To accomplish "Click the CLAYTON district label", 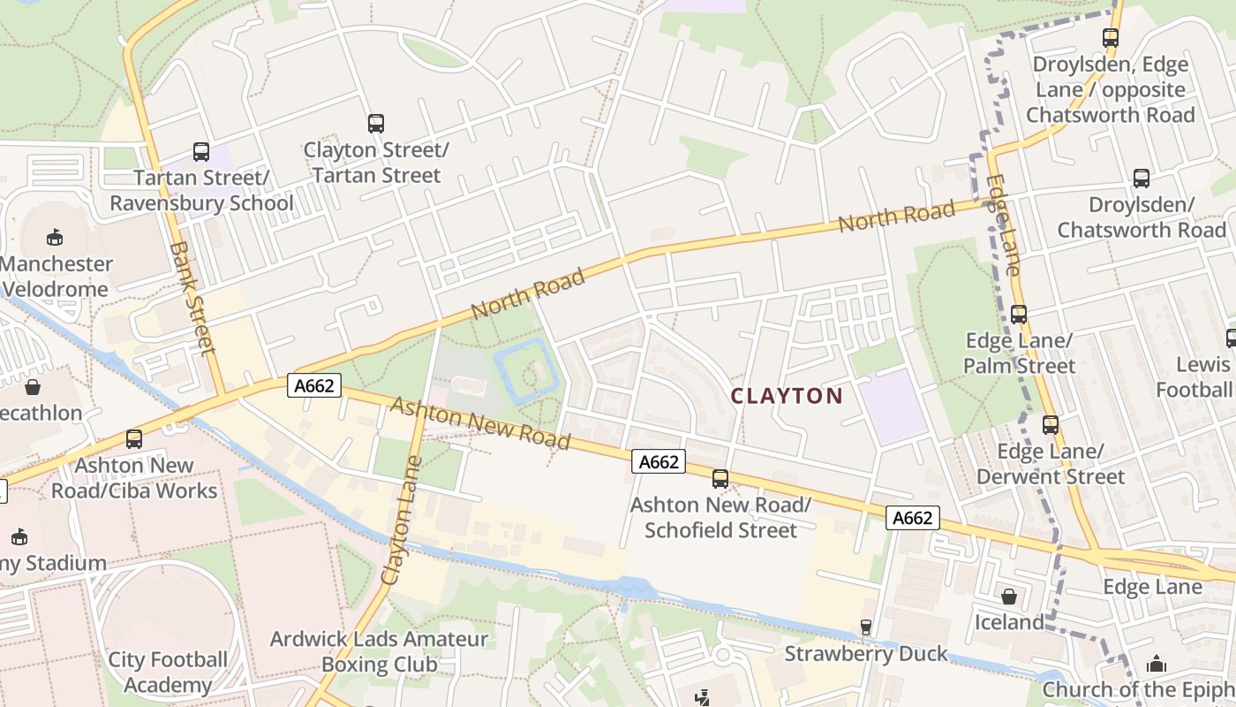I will pyautogui.click(x=787, y=396).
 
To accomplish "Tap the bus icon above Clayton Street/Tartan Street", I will pyautogui.click(x=376, y=124).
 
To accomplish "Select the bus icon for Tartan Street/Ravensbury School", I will pyautogui.click(x=201, y=152).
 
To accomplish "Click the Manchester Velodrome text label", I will pyautogui.click(x=57, y=277).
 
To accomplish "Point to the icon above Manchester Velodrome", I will pyautogui.click(x=55, y=237).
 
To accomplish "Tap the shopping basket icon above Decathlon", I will pyautogui.click(x=33, y=387).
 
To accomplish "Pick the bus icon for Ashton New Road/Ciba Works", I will pyautogui.click(x=134, y=438).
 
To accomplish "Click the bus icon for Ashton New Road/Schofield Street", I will pyautogui.click(x=720, y=479).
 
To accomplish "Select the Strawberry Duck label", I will pyautogui.click(x=865, y=654).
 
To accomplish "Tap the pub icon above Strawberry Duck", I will pyautogui.click(x=865, y=627).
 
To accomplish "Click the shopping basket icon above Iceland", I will pyautogui.click(x=1009, y=597).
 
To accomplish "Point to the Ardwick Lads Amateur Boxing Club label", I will pyautogui.click(x=379, y=651).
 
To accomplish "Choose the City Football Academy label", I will pyautogui.click(x=167, y=672).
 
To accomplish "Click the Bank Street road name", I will pyautogui.click(x=192, y=298).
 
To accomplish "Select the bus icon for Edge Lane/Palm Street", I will pyautogui.click(x=1019, y=315).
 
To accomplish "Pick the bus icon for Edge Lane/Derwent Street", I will pyautogui.click(x=1050, y=425).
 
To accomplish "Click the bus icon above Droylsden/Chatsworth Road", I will pyautogui.click(x=1142, y=179).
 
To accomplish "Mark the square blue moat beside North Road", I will pyautogui.click(x=527, y=373).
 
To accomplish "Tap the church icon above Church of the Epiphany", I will pyautogui.click(x=1157, y=664).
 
